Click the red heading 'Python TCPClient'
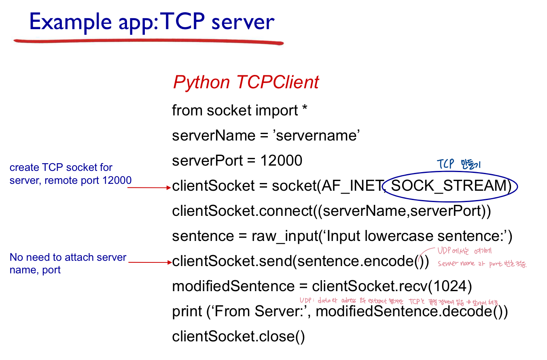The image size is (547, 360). coord(246,83)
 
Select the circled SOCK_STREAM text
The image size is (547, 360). coord(449,186)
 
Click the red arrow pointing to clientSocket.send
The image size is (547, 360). coord(150,262)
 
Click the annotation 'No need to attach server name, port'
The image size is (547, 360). coord(68,263)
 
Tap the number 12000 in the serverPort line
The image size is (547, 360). coord(281,161)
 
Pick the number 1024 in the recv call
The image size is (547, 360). coord(449,286)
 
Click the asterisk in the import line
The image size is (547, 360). coord(305,109)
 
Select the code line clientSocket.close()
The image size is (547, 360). coord(238,337)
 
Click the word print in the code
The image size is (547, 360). coord(187,311)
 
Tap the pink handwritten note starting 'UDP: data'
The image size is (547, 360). coord(399,301)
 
